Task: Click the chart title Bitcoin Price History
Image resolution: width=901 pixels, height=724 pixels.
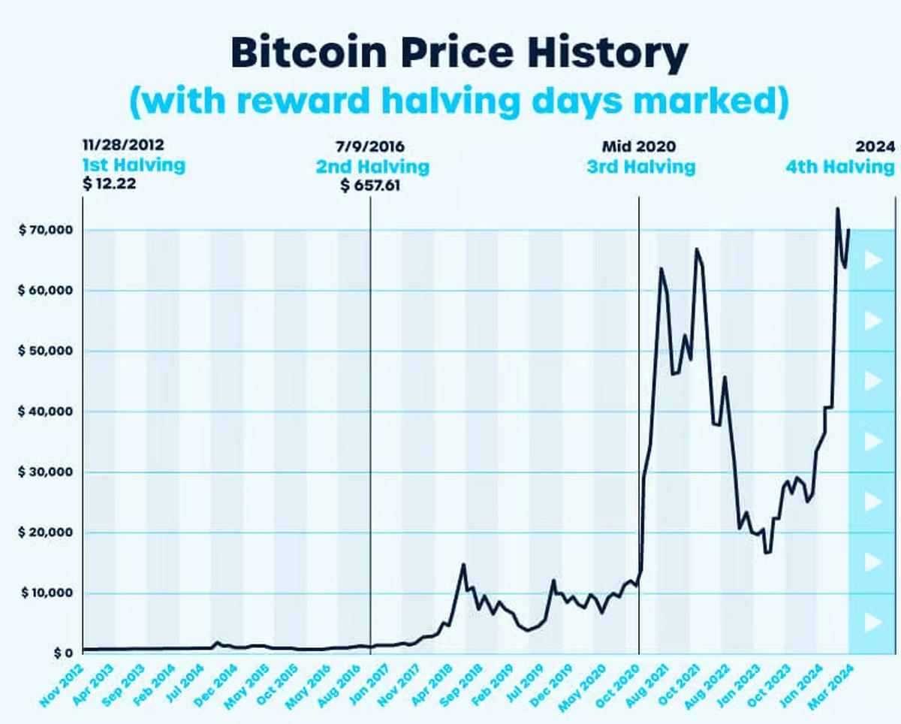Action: [459, 54]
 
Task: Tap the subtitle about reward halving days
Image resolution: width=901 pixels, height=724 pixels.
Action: [459, 101]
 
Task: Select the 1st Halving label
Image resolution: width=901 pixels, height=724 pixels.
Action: [134, 165]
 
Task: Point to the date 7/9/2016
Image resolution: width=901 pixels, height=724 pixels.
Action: [371, 146]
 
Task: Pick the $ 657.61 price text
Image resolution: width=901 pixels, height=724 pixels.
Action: [371, 185]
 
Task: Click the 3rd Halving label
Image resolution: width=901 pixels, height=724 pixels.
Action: [640, 165]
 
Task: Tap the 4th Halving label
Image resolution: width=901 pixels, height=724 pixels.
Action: [840, 165]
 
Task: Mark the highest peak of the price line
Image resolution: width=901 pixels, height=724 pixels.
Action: [837, 209]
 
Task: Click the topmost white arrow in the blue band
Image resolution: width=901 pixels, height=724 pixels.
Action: [872, 261]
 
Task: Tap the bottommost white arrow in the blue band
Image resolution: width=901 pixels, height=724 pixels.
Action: [872, 622]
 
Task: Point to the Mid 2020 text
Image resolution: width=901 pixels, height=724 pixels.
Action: [638, 146]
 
